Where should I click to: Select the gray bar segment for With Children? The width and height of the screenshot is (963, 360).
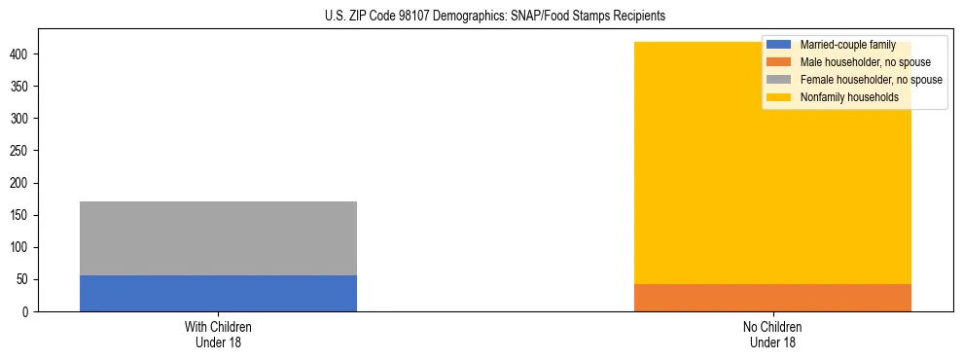point(218,238)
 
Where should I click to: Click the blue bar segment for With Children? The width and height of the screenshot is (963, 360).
point(218,293)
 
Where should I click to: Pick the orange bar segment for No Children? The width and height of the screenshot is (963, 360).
point(772,298)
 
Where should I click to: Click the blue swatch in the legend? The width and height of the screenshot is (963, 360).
point(779,45)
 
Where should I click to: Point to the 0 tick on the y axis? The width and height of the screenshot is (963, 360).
point(28,312)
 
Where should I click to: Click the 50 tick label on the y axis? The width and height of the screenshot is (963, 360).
point(25,280)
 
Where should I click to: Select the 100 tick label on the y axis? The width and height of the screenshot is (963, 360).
point(22,248)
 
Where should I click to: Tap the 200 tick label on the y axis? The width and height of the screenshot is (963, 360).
point(22,183)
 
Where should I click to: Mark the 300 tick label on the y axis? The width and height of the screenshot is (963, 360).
point(22,119)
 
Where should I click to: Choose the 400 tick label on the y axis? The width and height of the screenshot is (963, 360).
point(22,54)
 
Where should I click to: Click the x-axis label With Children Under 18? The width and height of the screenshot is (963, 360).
point(218,335)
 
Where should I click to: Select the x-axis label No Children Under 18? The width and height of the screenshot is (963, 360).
point(772,335)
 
